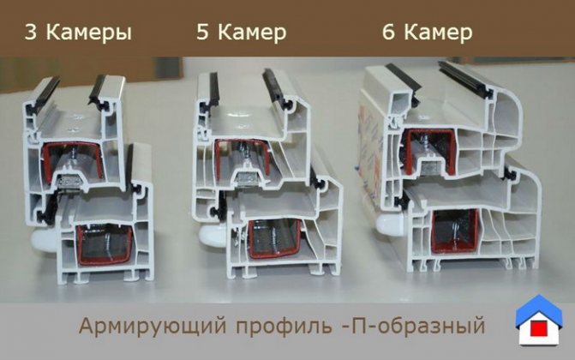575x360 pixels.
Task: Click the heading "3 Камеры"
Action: pyautogui.click(x=78, y=33)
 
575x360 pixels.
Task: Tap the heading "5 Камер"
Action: pyautogui.click(x=242, y=32)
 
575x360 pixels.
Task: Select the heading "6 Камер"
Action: pyautogui.click(x=428, y=32)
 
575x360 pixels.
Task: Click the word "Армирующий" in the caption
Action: pyautogui.click(x=153, y=326)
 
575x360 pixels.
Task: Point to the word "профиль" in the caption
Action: pyautogui.click(x=284, y=327)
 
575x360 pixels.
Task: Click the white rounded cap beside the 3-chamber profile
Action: pyautogui.click(x=43, y=240)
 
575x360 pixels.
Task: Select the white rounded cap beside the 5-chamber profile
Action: pyautogui.click(x=213, y=235)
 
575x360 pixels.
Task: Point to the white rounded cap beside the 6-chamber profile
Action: pyautogui.click(x=392, y=224)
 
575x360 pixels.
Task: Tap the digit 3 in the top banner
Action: pyautogui.click(x=31, y=33)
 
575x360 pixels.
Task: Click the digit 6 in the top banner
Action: pyautogui.click(x=389, y=32)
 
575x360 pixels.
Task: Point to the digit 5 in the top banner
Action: pyautogui.click(x=203, y=32)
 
